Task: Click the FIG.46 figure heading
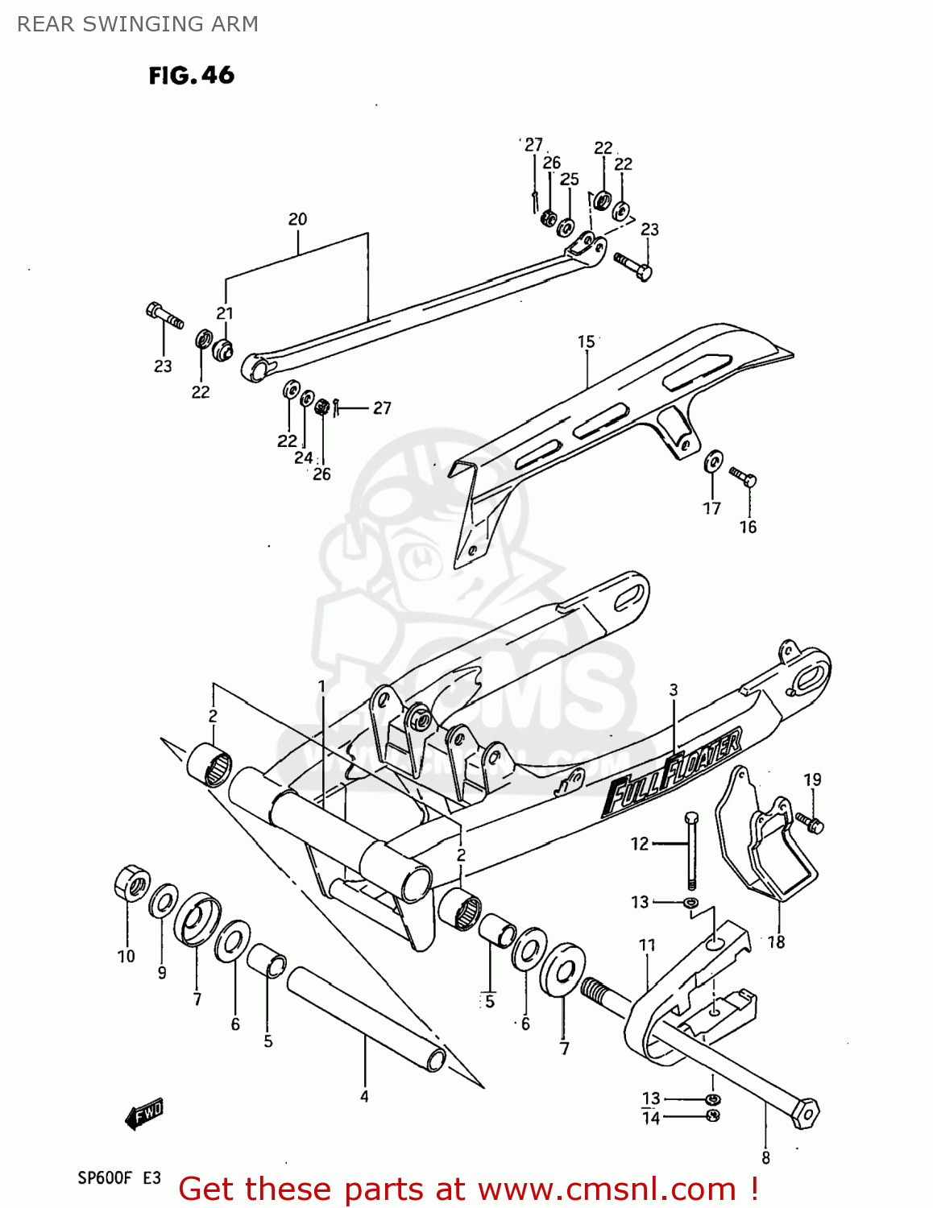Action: [191, 76]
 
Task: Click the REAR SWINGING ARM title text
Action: [138, 24]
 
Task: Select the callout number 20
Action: [297, 219]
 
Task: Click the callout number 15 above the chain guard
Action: [586, 342]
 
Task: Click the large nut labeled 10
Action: [132, 884]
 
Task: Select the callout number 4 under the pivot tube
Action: [364, 1096]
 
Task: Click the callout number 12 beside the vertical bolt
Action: [639, 843]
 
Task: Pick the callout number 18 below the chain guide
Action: [776, 941]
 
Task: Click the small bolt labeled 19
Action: [810, 822]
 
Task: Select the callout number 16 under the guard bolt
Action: [748, 527]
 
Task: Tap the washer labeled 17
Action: [713, 461]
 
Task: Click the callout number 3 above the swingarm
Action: [674, 690]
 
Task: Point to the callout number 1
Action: [321, 686]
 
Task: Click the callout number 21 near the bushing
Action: [225, 313]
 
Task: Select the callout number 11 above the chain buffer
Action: [647, 945]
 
